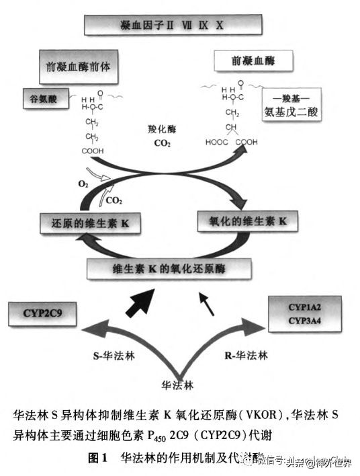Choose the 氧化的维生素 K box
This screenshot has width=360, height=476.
pos(247,221)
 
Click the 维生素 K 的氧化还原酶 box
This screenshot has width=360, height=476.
pos(169,269)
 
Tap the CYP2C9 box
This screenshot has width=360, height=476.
pos(41,311)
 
